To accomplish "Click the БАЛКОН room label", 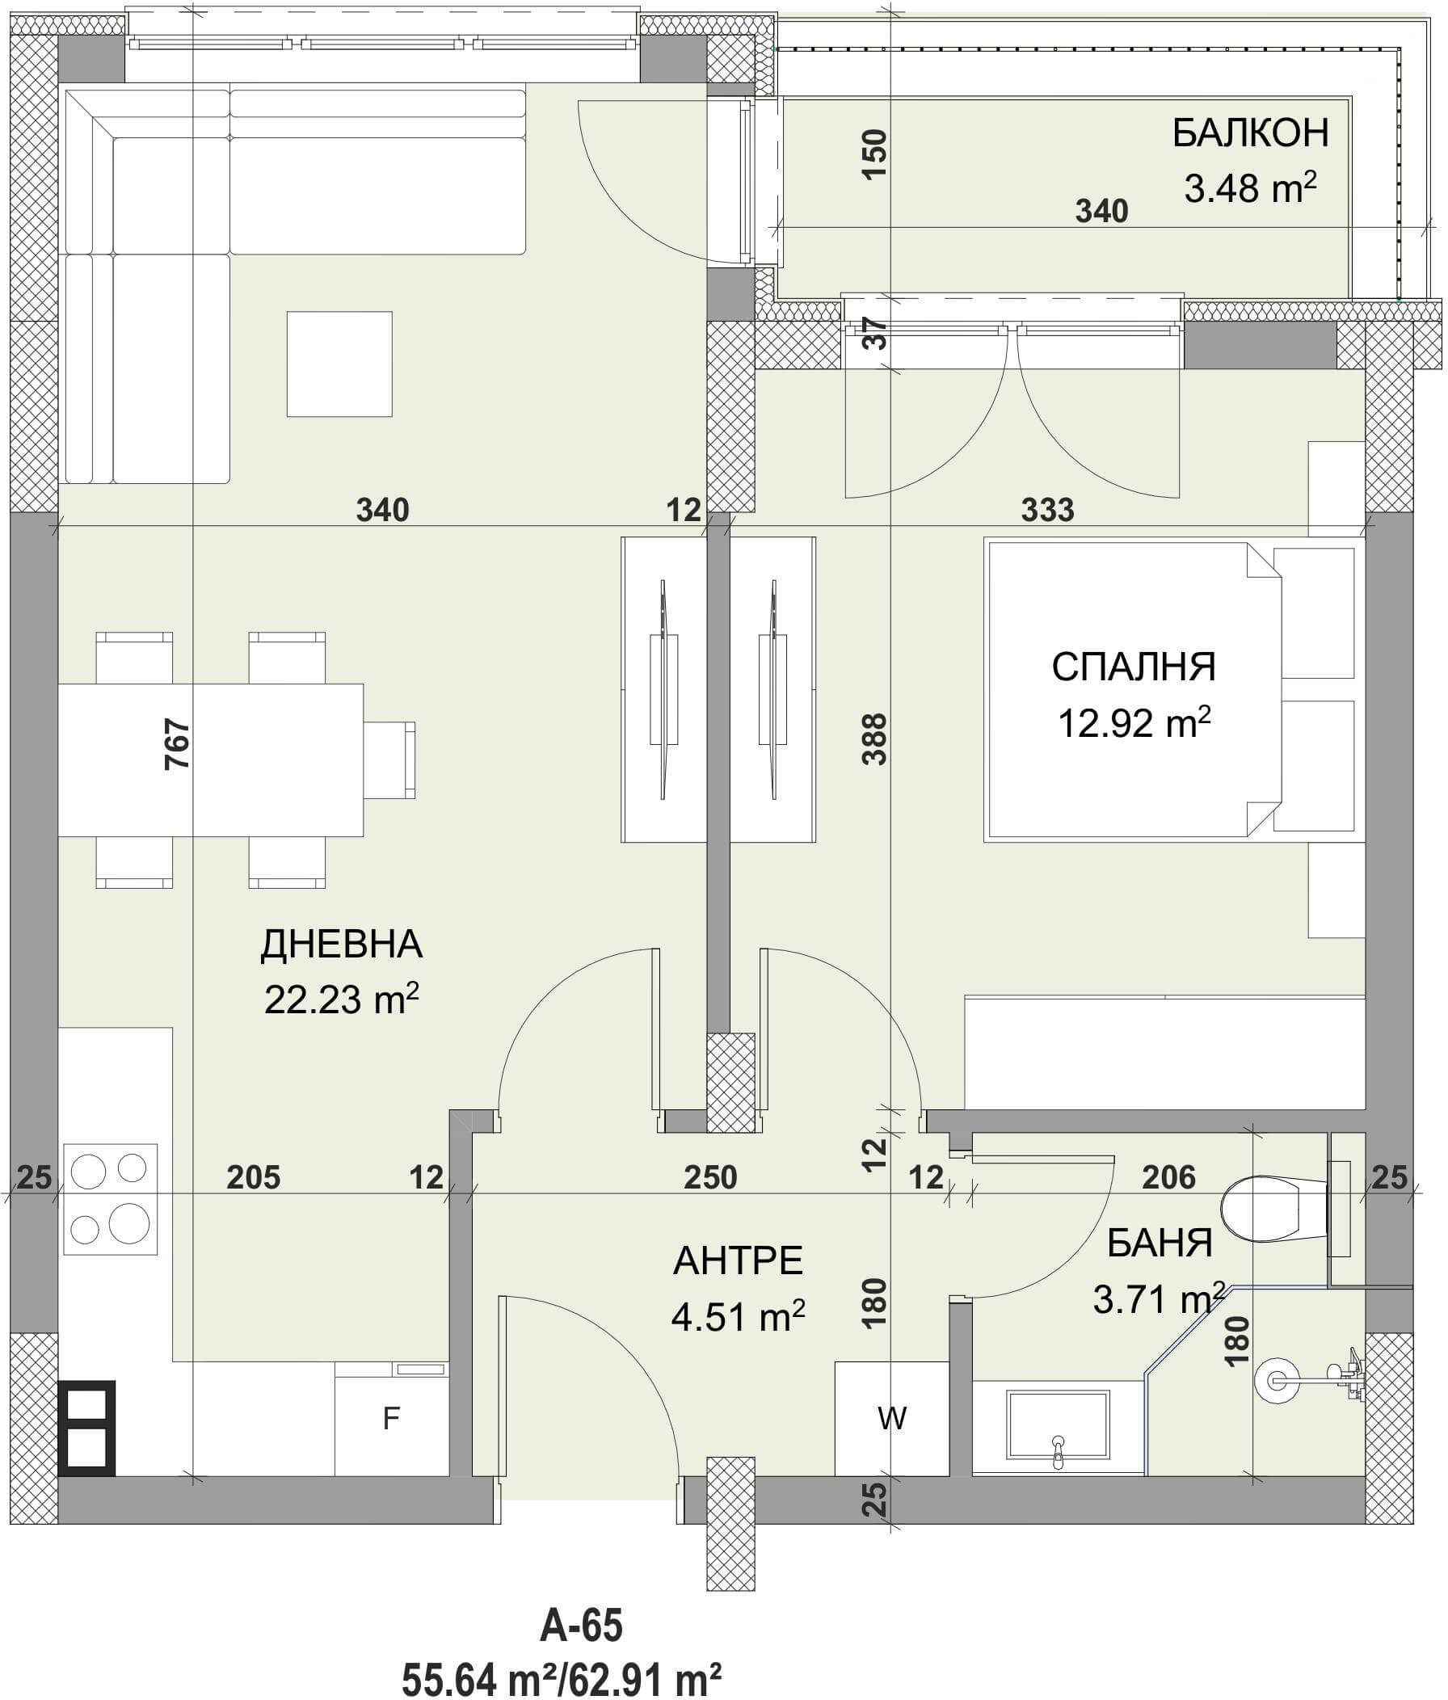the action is coord(1250,133).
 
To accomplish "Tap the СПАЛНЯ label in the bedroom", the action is coord(1134,667).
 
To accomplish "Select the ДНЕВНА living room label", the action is coord(341,945).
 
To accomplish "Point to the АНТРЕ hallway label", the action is coord(739,1261).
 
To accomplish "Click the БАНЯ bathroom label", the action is coord(1160,1243).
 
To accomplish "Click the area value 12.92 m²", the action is coord(1134,722).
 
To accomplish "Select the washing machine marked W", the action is coord(892,1418).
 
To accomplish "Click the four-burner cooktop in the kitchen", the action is coord(111,1199).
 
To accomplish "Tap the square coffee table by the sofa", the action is coord(339,364).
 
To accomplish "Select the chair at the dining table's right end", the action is coord(389,760).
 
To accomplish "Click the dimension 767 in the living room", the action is coord(178,743).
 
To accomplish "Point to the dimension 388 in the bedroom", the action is coord(875,738).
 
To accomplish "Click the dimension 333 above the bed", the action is coord(1048,510).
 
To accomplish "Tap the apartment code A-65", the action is coord(582,1626).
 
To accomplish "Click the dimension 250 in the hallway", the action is coord(710,1177).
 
